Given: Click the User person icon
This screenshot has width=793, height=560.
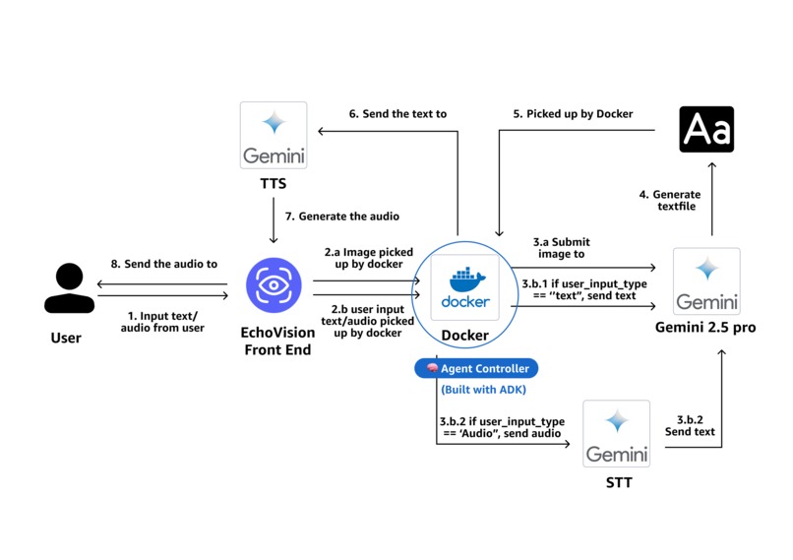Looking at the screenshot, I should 69,286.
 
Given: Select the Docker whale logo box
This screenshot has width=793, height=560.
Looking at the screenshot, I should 464,286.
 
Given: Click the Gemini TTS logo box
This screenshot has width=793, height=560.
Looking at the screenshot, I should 274,135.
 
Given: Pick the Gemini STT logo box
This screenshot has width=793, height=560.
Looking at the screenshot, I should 616,433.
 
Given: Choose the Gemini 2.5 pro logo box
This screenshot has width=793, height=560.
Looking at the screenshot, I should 706,281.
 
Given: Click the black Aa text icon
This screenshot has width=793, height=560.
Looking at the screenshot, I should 706,130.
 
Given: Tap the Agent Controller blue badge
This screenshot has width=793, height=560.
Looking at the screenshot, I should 476,368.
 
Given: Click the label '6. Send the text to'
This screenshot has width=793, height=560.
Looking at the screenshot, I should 397,114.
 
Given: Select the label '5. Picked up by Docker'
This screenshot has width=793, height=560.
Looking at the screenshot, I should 573,114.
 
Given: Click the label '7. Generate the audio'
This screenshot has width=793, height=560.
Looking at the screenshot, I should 342,216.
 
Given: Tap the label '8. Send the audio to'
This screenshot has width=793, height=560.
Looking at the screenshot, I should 164,264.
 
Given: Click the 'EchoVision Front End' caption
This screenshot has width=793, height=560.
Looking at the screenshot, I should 276,341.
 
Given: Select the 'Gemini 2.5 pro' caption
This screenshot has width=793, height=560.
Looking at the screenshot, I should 705,327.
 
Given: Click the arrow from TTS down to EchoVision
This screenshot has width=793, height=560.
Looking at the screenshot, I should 274,221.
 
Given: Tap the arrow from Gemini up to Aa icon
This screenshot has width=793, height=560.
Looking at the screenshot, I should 712,201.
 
